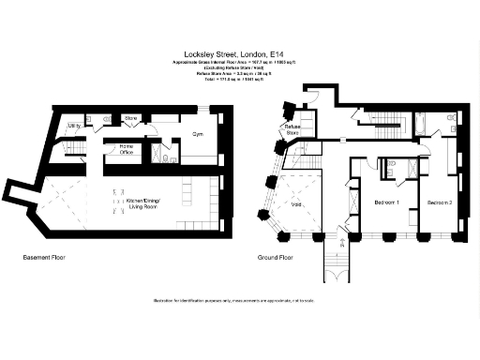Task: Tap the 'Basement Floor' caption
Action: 44,255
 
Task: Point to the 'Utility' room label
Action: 73,125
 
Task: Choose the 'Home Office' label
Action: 126,148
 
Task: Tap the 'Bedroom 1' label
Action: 386,202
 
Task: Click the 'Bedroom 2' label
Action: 440,202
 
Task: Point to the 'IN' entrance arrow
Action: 342,241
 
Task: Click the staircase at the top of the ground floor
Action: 382,120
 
